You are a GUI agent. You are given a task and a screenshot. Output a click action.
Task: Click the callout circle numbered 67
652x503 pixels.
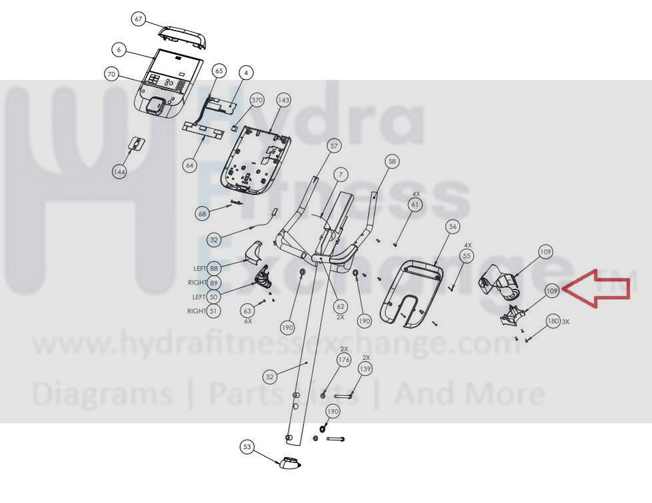tap(139, 19)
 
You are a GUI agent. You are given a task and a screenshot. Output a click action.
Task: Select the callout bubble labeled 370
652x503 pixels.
tap(257, 100)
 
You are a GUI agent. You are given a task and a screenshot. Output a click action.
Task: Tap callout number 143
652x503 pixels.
tap(283, 100)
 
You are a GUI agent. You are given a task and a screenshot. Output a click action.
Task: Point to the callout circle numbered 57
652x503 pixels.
tap(334, 146)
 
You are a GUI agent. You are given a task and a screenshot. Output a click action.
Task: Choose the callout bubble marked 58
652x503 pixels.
tap(392, 161)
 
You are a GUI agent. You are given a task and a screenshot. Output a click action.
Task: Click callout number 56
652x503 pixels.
tap(453, 227)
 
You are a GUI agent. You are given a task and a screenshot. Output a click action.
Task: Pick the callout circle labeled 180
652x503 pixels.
tap(553, 321)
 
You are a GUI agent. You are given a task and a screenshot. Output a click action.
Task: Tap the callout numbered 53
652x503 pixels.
tap(247, 447)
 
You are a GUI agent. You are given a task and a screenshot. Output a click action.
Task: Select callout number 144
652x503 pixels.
tap(120, 172)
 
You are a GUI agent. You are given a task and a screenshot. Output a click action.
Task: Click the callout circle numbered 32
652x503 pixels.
tap(214, 240)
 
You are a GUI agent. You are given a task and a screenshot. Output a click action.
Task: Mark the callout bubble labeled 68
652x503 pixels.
tap(202, 214)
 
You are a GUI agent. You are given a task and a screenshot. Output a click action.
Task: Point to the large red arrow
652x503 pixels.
tap(596, 289)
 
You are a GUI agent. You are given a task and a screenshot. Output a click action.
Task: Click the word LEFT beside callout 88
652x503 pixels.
tap(199, 268)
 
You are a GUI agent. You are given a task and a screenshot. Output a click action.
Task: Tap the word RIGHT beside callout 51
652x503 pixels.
tap(197, 311)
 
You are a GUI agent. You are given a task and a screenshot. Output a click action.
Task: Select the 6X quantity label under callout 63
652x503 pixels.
tap(248, 321)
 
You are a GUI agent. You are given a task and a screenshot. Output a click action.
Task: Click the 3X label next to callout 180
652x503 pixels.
tap(565, 321)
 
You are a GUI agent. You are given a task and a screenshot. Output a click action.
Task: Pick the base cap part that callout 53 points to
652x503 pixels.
tap(289, 462)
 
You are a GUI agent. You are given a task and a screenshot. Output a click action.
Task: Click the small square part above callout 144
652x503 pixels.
tap(137, 143)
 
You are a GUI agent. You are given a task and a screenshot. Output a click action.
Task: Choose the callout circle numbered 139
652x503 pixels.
tap(365, 368)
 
